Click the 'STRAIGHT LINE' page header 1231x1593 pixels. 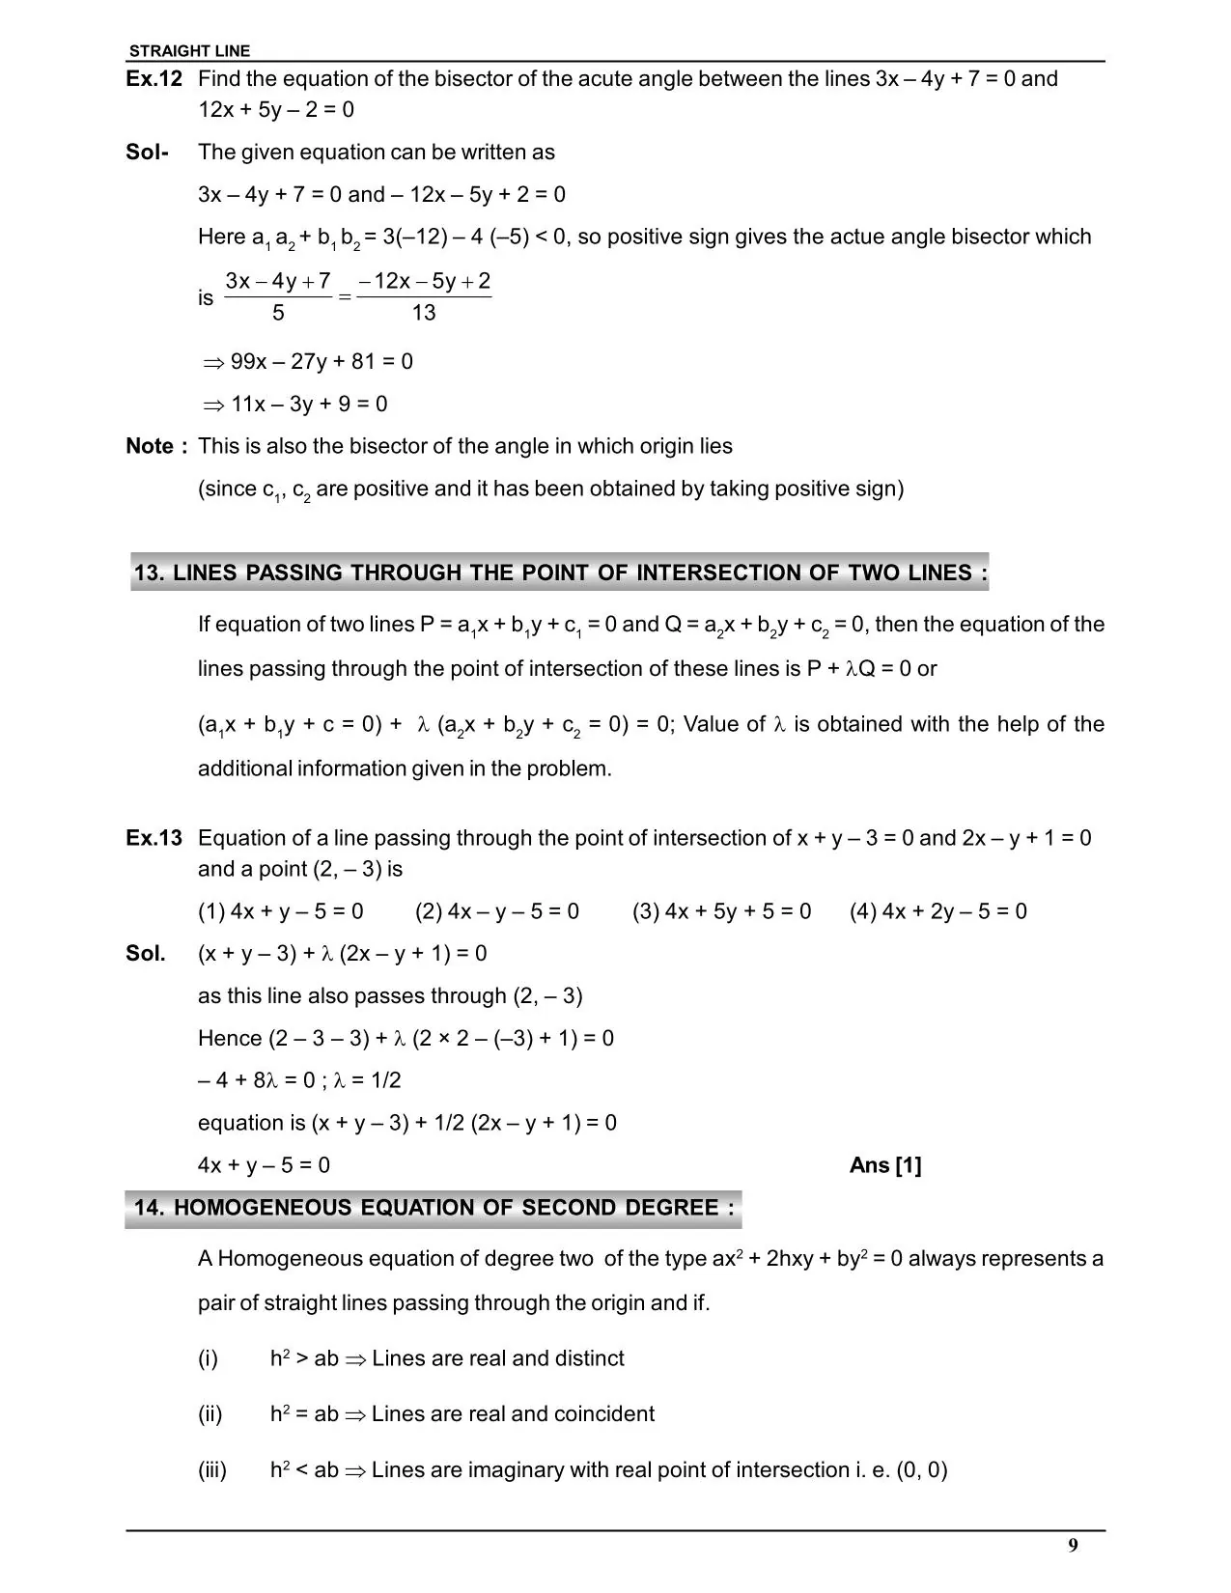189,51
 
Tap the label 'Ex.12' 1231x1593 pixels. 154,79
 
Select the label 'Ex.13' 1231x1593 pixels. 154,838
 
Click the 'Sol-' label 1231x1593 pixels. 147,153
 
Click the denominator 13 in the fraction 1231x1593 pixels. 423,313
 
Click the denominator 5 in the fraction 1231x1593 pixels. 278,313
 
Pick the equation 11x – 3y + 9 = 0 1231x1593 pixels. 309,405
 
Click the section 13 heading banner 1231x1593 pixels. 560,573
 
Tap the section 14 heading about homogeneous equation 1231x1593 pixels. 434,1208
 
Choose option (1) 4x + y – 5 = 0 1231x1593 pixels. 281,911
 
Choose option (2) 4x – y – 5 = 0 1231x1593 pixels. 497,911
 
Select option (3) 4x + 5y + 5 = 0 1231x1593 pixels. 722,911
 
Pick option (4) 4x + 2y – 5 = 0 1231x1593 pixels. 938,911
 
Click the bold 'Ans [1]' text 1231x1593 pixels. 885,1165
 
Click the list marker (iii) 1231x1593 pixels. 212,1470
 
